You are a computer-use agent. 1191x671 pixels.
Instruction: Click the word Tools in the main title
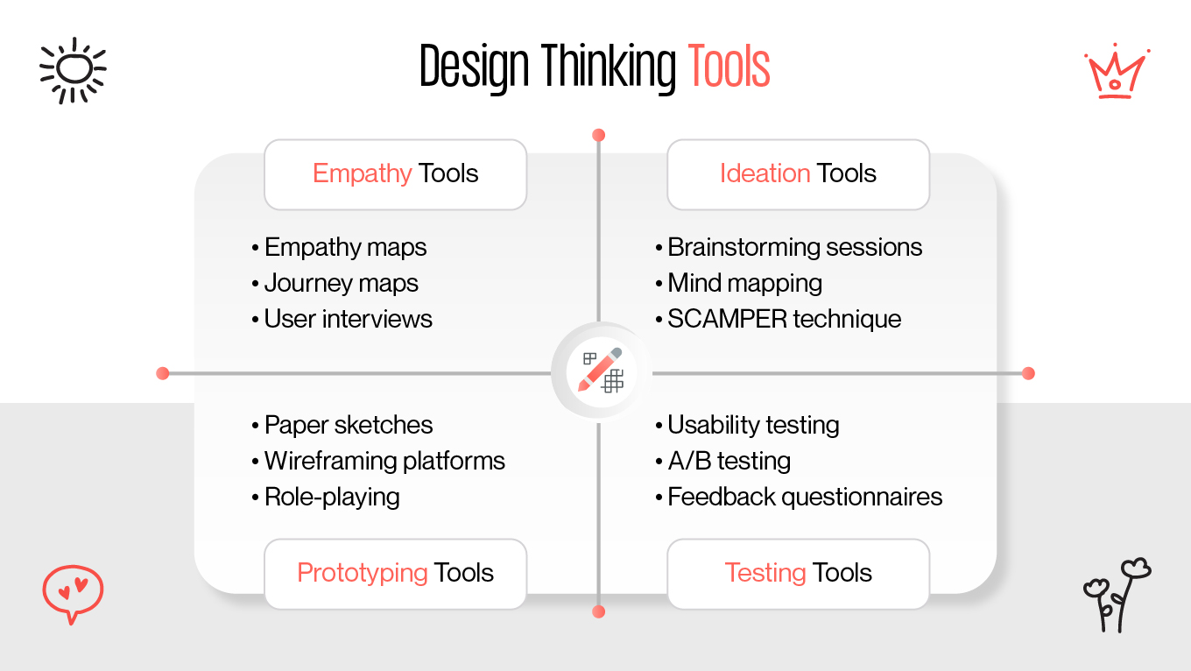(x=729, y=67)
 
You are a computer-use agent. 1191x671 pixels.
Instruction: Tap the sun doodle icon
(x=73, y=69)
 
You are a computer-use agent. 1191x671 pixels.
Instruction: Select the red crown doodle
(x=1116, y=73)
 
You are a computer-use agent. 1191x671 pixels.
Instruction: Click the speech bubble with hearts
(x=73, y=592)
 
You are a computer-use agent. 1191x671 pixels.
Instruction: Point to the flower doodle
(x=1117, y=594)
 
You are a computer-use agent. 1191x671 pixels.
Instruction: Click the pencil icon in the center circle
(x=600, y=371)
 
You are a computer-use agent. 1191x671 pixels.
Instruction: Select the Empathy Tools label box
(x=395, y=173)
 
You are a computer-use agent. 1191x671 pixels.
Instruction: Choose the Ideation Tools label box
(x=798, y=173)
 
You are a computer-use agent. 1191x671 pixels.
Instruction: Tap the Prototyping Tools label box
(x=395, y=573)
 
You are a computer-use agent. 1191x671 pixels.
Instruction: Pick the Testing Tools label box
(x=798, y=573)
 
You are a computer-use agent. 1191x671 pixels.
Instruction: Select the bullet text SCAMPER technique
(x=784, y=319)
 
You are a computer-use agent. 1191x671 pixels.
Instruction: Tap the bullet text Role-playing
(x=332, y=497)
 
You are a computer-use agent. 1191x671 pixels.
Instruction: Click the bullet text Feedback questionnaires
(x=804, y=497)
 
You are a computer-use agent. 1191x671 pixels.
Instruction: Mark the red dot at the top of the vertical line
(x=599, y=135)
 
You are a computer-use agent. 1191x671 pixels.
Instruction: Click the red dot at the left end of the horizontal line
(x=162, y=373)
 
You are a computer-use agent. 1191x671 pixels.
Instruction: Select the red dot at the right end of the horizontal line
(x=1028, y=373)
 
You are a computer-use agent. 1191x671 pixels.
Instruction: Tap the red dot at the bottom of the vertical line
(x=599, y=611)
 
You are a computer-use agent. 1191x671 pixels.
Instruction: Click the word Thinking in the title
(x=607, y=67)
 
